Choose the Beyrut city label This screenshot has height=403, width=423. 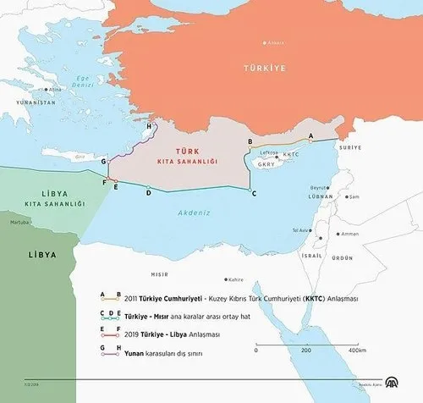tap(318, 188)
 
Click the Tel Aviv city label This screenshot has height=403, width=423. tap(301, 230)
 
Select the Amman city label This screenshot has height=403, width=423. tap(352, 234)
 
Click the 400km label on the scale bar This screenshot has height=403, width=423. tap(357, 350)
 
